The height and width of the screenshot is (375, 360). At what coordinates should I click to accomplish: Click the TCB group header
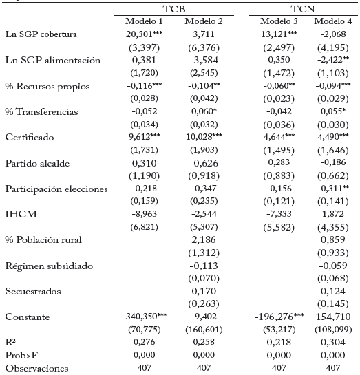(x=174, y=9)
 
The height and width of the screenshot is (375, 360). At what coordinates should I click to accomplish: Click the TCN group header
(x=303, y=9)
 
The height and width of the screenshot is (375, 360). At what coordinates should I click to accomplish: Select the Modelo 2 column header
(x=204, y=21)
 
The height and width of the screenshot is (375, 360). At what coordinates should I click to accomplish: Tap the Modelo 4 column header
(x=333, y=21)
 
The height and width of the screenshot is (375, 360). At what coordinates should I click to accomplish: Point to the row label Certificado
(x=30, y=138)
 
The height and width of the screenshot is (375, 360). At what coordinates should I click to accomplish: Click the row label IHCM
(x=21, y=214)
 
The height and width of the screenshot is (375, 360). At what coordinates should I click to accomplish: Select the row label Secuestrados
(x=33, y=291)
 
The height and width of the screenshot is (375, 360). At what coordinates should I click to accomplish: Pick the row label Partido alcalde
(x=37, y=163)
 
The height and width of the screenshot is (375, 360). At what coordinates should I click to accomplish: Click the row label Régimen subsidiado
(x=49, y=266)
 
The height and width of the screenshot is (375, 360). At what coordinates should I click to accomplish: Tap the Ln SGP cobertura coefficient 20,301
(x=145, y=34)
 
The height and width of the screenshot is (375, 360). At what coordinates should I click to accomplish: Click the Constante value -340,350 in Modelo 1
(x=145, y=317)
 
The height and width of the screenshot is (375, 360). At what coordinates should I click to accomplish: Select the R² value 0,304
(x=333, y=342)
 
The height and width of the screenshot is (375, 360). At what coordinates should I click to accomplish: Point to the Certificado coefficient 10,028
(x=204, y=137)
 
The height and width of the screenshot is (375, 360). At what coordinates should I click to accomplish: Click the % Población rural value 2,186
(x=204, y=239)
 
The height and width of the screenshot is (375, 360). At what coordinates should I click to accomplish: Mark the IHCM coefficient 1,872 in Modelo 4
(x=333, y=214)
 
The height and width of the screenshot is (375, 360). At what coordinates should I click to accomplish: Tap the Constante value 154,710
(x=333, y=317)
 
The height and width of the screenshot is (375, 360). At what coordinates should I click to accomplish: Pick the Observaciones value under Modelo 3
(x=279, y=368)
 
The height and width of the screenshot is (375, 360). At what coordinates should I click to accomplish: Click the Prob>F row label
(x=21, y=355)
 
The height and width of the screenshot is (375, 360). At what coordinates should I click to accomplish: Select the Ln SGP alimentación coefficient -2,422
(x=333, y=60)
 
